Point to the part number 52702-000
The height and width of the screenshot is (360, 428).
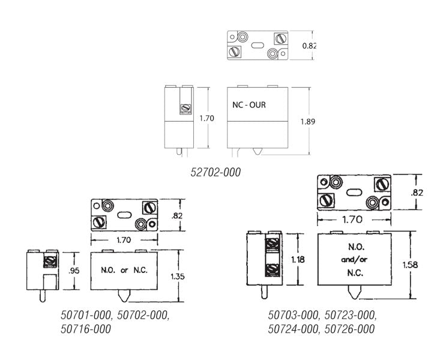(x=216, y=172)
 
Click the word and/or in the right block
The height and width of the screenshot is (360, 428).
(x=352, y=260)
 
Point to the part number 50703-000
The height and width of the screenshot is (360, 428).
(x=293, y=315)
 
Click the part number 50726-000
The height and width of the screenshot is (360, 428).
(x=349, y=329)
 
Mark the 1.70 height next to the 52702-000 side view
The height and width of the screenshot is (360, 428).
(x=206, y=118)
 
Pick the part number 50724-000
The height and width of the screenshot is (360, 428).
(x=293, y=329)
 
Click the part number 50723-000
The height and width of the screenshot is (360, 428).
(x=350, y=315)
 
